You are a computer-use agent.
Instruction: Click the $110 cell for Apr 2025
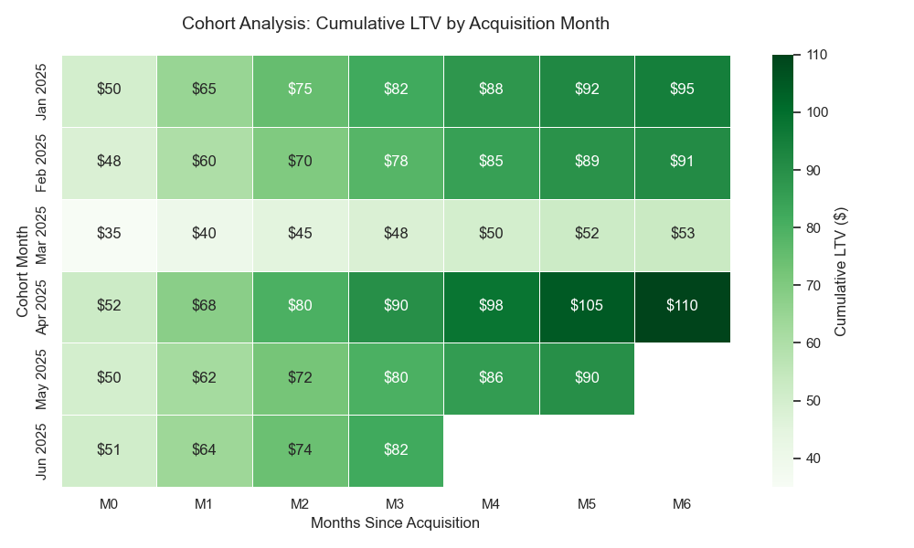click(x=682, y=306)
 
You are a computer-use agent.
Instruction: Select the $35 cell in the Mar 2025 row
click(x=109, y=234)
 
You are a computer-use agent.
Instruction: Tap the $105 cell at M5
click(x=587, y=306)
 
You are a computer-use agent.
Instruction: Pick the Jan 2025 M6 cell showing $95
click(x=682, y=90)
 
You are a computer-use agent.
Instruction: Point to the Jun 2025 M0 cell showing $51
click(x=109, y=449)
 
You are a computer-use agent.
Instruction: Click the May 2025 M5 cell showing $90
click(x=587, y=377)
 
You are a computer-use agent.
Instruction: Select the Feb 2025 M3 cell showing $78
click(x=396, y=162)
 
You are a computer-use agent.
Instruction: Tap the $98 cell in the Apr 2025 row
click(x=491, y=306)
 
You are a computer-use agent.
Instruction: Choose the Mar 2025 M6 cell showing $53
click(x=682, y=234)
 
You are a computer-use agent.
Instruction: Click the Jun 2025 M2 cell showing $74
click(x=300, y=449)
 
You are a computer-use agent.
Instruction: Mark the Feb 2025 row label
click(x=41, y=162)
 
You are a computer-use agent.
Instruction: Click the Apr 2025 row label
click(x=41, y=306)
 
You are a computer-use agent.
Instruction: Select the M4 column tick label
click(x=491, y=502)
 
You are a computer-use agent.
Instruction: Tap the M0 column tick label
click(x=109, y=502)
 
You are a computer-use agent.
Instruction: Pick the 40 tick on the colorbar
click(x=813, y=458)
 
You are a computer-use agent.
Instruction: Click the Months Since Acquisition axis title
click(x=395, y=523)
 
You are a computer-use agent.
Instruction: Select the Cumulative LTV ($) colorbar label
click(x=841, y=270)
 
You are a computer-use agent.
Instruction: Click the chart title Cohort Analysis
click(x=395, y=23)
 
